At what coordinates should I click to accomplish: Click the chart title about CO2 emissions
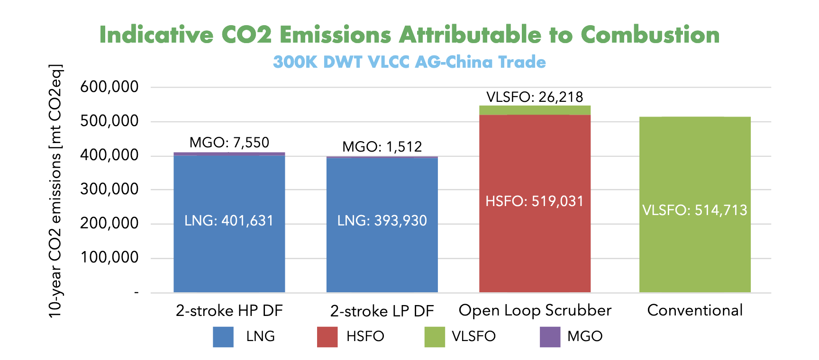tap(409, 35)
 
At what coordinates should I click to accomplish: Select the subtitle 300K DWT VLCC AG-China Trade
tap(409, 62)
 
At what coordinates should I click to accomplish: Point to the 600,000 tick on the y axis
tap(109, 87)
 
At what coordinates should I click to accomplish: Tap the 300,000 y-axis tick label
tap(109, 189)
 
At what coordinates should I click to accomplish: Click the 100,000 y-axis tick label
tap(109, 258)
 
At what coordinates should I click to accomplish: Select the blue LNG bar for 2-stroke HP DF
tap(229, 246)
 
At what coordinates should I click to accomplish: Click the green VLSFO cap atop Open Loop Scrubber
tap(535, 110)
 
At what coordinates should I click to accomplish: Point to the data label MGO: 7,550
tap(229, 142)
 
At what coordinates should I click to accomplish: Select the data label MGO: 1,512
tap(382, 146)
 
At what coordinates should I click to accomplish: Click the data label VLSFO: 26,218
tap(535, 97)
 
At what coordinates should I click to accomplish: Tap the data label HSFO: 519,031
tap(535, 201)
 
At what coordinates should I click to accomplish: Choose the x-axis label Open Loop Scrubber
tap(535, 310)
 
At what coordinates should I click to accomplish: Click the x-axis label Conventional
tap(695, 310)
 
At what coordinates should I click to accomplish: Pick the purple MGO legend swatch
tap(550, 337)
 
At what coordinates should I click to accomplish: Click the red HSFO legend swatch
tap(327, 337)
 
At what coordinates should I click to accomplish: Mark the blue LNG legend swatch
tap(223, 337)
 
